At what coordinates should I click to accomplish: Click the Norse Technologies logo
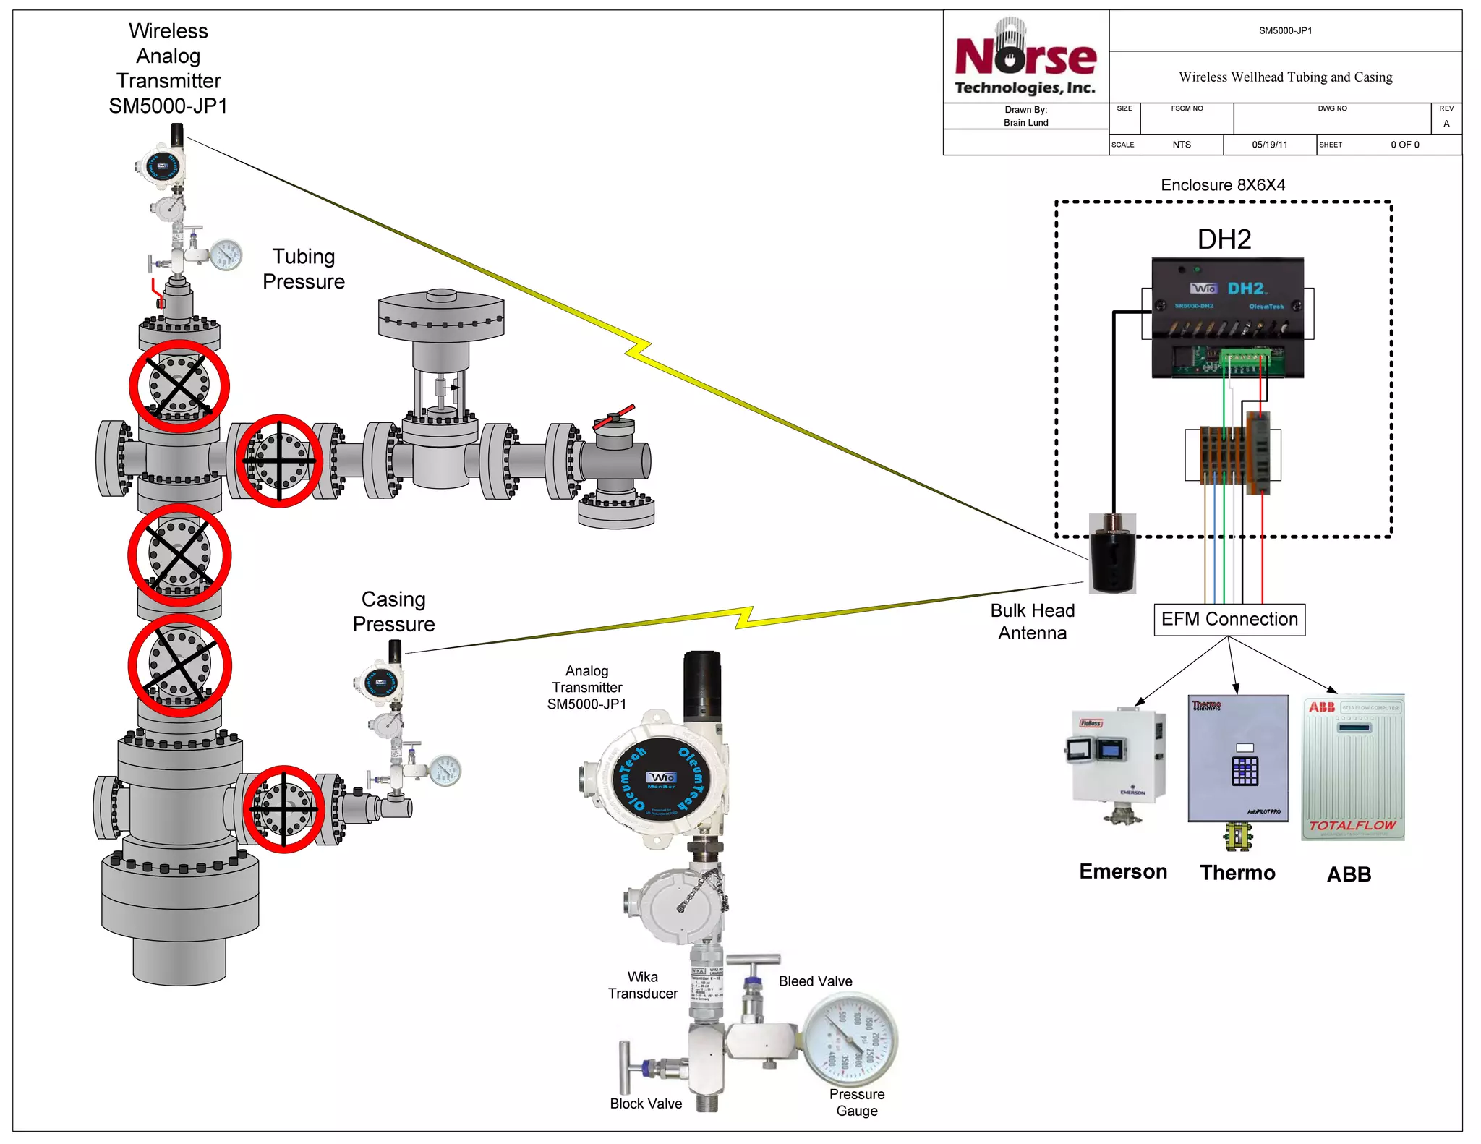[1025, 58]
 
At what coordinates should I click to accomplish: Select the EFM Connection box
[1229, 620]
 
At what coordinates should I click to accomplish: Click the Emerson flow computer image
[1118, 764]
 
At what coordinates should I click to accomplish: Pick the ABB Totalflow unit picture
[1352, 768]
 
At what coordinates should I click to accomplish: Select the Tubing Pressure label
[304, 269]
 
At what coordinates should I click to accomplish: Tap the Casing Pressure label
[393, 612]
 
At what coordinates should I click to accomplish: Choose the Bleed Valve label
[815, 981]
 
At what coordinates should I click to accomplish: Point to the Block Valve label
[645, 1104]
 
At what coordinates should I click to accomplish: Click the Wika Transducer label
[642, 986]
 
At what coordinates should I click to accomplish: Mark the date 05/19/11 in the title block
[1270, 145]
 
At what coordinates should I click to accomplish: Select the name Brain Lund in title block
[1025, 123]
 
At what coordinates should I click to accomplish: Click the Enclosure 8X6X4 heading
[1223, 185]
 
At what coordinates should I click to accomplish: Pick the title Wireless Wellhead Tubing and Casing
[1285, 77]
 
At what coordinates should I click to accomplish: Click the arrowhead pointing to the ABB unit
[1333, 690]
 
